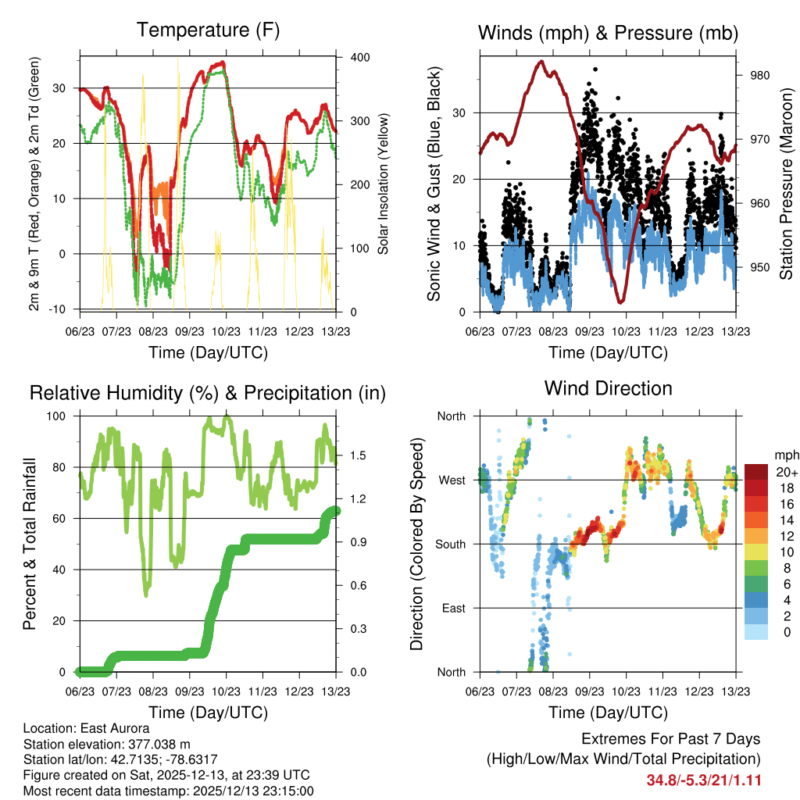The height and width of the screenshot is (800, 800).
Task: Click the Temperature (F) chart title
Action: coord(208,31)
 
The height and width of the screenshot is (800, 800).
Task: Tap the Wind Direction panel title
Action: coord(608,388)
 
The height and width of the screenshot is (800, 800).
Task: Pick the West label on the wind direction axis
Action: coord(451,480)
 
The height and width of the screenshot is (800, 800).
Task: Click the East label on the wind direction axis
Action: coord(452,608)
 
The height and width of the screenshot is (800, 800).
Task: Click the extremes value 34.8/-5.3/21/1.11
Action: coord(704,780)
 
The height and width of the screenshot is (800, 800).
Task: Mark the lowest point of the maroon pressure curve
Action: coord(621,302)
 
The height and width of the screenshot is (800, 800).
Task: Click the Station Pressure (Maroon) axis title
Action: coord(786,173)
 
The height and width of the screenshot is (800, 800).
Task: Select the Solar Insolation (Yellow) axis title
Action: coord(383,184)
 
